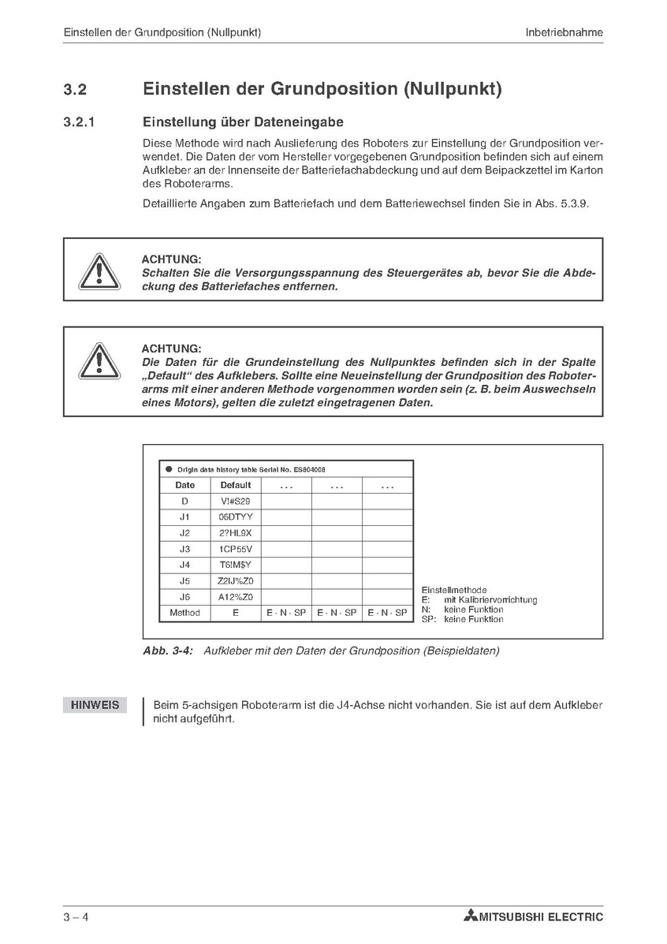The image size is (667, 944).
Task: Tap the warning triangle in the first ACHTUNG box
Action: click(x=99, y=270)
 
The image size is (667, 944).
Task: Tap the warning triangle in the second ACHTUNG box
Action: click(x=99, y=360)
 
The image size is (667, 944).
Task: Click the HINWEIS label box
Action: click(x=95, y=705)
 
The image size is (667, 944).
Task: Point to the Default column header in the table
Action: click(x=236, y=486)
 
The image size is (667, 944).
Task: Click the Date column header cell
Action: click(x=185, y=486)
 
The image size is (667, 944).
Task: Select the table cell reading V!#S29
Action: click(x=236, y=502)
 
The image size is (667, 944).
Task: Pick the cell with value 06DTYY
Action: click(x=236, y=517)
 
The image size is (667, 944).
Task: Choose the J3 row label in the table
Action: click(x=185, y=549)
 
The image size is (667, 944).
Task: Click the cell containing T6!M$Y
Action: click(x=236, y=565)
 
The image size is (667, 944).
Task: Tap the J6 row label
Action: click(x=185, y=597)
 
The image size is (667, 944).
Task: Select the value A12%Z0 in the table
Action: click(x=236, y=597)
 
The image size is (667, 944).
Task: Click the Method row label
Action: click(x=185, y=613)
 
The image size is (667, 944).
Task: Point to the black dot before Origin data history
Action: click(x=169, y=469)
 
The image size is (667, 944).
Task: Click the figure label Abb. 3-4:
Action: click(x=168, y=651)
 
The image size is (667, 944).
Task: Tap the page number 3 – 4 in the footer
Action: click(x=76, y=917)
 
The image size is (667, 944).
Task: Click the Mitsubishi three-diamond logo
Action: click(x=471, y=916)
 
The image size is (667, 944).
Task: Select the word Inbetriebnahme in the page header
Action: click(x=565, y=32)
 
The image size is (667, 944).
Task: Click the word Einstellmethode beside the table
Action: click(x=454, y=590)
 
